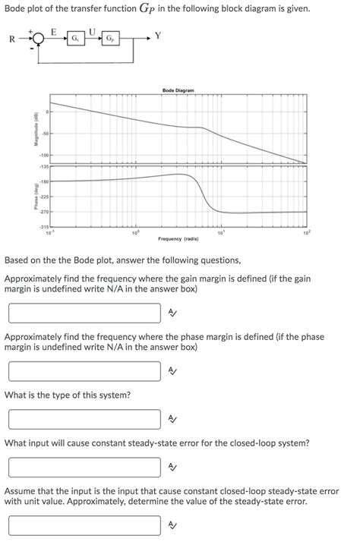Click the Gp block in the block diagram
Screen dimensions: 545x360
pyautogui.click(x=110, y=37)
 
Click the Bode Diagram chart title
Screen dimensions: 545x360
pyautogui.click(x=178, y=90)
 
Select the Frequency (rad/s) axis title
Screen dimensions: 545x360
pyautogui.click(x=178, y=239)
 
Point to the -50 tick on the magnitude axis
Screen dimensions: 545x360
pyautogui.click(x=45, y=135)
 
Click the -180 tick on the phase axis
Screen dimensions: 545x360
pyautogui.click(x=44, y=182)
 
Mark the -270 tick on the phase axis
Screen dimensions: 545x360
pyautogui.click(x=44, y=211)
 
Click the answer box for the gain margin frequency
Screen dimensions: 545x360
pyautogui.click(x=84, y=313)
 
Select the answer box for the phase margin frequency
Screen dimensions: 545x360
pyautogui.click(x=84, y=370)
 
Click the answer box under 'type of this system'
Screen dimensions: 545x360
pyautogui.click(x=84, y=419)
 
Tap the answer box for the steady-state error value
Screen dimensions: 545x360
pyautogui.click(x=84, y=525)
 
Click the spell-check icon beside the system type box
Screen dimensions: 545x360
pyautogui.click(x=172, y=419)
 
